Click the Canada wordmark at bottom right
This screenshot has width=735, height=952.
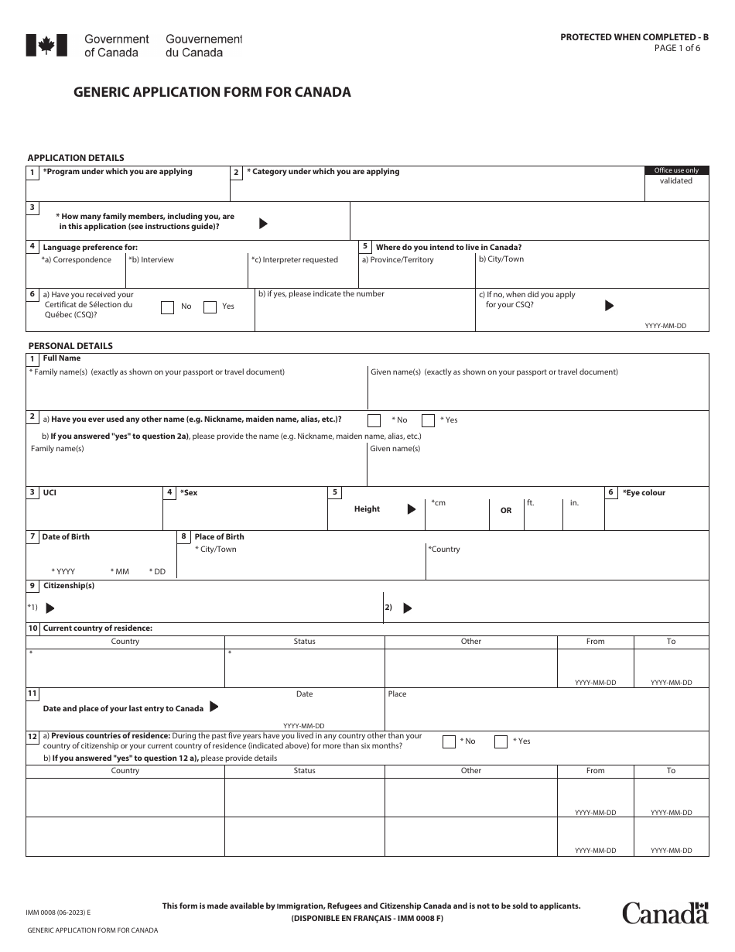click(x=665, y=913)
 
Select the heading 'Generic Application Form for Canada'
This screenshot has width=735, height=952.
click(x=212, y=92)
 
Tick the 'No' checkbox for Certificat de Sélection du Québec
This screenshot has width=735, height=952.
click(x=167, y=307)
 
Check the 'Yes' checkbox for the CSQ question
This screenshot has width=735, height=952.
click(x=210, y=307)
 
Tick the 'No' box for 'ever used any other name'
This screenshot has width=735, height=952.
click(x=374, y=420)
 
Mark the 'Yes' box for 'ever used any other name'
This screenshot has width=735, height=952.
click(x=428, y=420)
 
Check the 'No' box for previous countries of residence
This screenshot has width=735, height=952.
click(x=449, y=741)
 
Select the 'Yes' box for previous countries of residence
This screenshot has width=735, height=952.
click(x=501, y=741)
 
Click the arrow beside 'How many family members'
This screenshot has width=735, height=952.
click(x=263, y=224)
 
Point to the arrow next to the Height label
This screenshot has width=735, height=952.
click(x=412, y=509)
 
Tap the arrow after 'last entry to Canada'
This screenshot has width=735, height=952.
click(x=214, y=707)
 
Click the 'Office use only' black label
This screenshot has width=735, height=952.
click(x=676, y=170)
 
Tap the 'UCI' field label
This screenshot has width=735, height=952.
click(x=50, y=493)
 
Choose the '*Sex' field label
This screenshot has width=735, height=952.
click(x=188, y=493)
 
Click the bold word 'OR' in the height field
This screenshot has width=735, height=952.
click(x=506, y=511)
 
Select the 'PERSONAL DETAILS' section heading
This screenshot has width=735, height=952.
click(x=70, y=346)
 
